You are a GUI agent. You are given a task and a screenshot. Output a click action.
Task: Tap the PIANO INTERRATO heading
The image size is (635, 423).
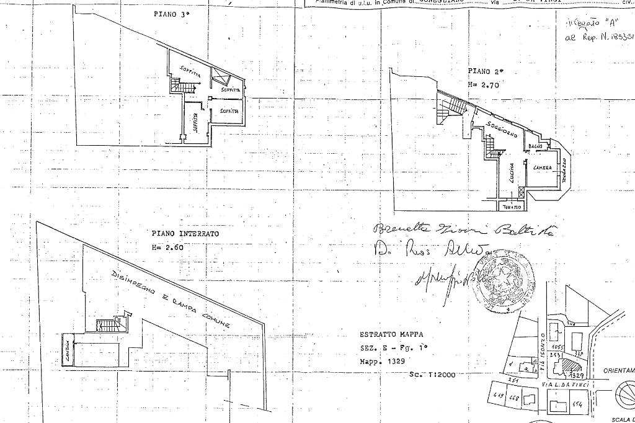click(x=185, y=234)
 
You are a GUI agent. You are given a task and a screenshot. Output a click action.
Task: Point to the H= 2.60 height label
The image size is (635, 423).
click(x=167, y=246)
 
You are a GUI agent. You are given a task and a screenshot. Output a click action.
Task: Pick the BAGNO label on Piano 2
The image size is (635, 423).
click(x=535, y=146)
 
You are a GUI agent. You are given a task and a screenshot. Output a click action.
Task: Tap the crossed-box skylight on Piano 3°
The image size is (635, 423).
click(x=221, y=77)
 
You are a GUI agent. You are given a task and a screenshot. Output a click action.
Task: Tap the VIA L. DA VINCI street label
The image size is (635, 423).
click(x=565, y=385)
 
